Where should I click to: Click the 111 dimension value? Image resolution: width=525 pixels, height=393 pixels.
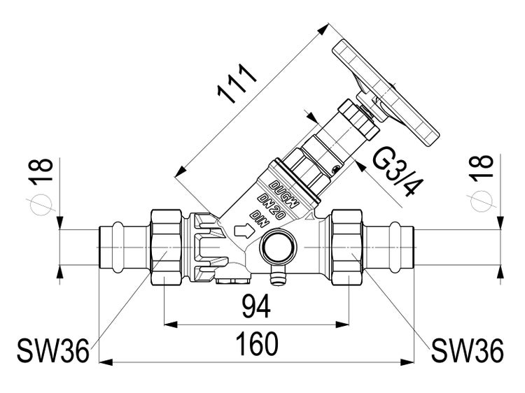234,85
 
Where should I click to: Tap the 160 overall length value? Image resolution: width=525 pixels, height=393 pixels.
256,344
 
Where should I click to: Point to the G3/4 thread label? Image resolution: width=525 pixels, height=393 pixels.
395,174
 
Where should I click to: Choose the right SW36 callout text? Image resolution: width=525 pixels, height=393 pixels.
467,350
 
